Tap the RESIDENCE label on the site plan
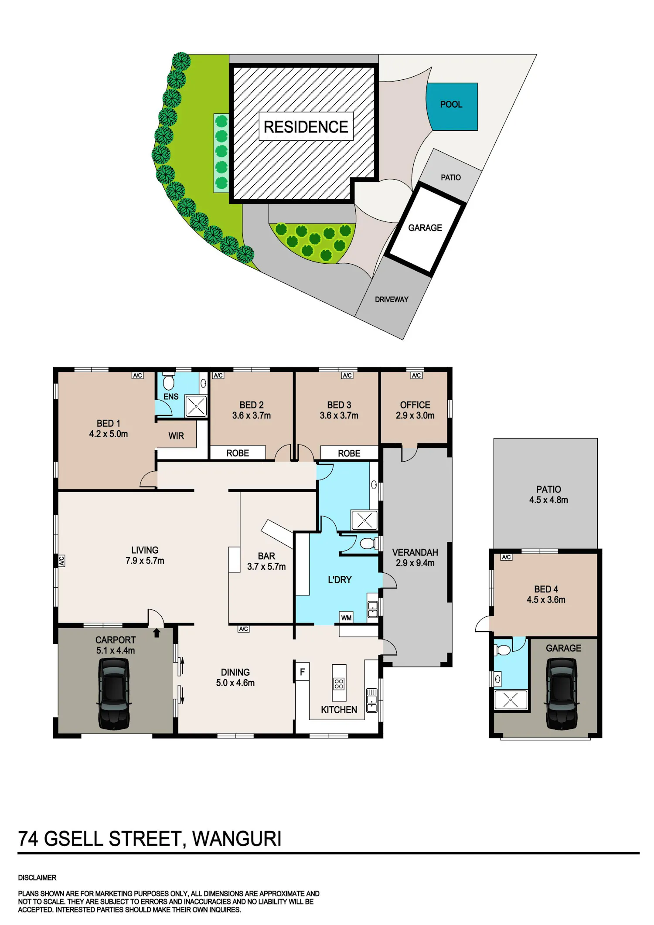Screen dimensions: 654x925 pos(306,127)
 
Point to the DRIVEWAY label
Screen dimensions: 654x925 pos(392,299)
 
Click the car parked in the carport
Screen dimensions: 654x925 pos(114,694)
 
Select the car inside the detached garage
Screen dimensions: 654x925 pos(562,694)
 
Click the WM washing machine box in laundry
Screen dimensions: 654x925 pos(346,618)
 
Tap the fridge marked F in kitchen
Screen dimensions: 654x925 pos(302,672)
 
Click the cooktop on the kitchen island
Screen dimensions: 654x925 pos(339,684)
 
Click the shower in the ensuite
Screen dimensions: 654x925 pos(196,406)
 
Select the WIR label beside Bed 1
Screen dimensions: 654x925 pos(176,436)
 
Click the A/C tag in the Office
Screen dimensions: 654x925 pos(416,375)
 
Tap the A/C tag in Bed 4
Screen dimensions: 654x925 pos(506,557)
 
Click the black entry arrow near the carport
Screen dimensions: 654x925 pos(157,633)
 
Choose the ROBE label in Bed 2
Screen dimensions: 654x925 pos(238,453)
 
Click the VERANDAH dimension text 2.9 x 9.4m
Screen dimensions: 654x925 pos(415,563)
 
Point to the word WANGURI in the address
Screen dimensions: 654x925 pos(237,839)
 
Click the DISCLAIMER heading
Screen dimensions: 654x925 pos(37,877)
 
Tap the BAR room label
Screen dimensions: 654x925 pos(266,556)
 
